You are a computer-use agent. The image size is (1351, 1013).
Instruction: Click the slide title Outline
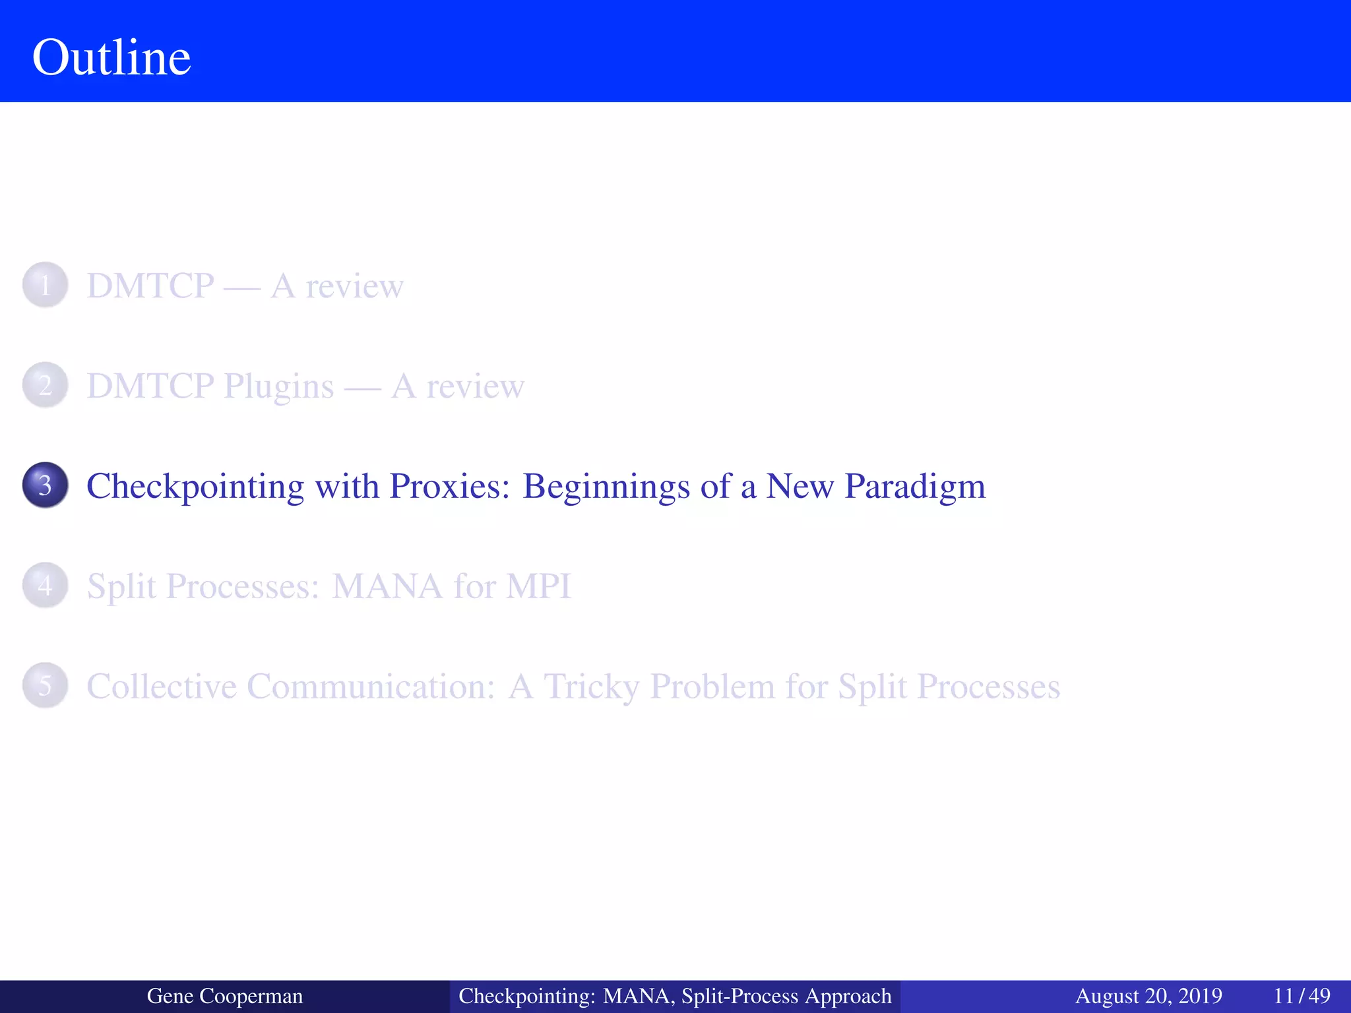111,57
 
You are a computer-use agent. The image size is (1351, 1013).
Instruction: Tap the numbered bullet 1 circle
45,286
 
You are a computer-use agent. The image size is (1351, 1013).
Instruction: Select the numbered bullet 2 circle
45,385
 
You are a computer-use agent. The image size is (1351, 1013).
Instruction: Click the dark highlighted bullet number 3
45,485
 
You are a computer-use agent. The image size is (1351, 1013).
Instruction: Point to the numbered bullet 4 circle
45,586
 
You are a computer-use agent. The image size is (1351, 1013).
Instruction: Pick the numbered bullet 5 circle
45,686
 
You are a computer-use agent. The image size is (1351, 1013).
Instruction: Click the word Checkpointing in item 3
195,487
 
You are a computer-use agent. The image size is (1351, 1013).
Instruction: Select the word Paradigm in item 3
915,487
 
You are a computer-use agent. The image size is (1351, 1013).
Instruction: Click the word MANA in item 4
387,586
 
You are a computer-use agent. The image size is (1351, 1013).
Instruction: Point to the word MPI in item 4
538,586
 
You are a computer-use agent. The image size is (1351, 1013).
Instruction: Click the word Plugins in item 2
278,386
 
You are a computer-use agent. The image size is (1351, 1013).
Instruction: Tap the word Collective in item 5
162,687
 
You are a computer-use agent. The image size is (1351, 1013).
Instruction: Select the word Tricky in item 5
591,687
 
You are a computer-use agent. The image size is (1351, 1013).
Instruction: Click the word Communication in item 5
371,687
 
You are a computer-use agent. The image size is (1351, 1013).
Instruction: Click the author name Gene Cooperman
224,996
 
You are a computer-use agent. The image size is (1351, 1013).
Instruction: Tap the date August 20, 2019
1148,996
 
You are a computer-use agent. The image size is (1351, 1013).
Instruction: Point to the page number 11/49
1302,996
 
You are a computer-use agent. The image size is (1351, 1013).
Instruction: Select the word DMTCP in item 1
150,286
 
